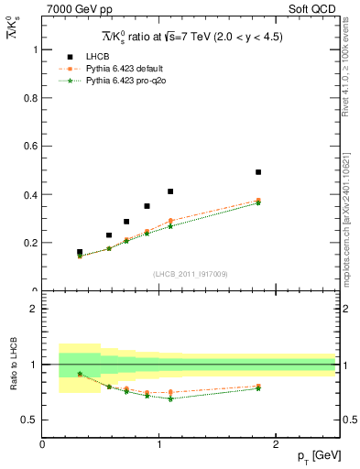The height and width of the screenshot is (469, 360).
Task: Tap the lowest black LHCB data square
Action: tap(80, 252)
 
